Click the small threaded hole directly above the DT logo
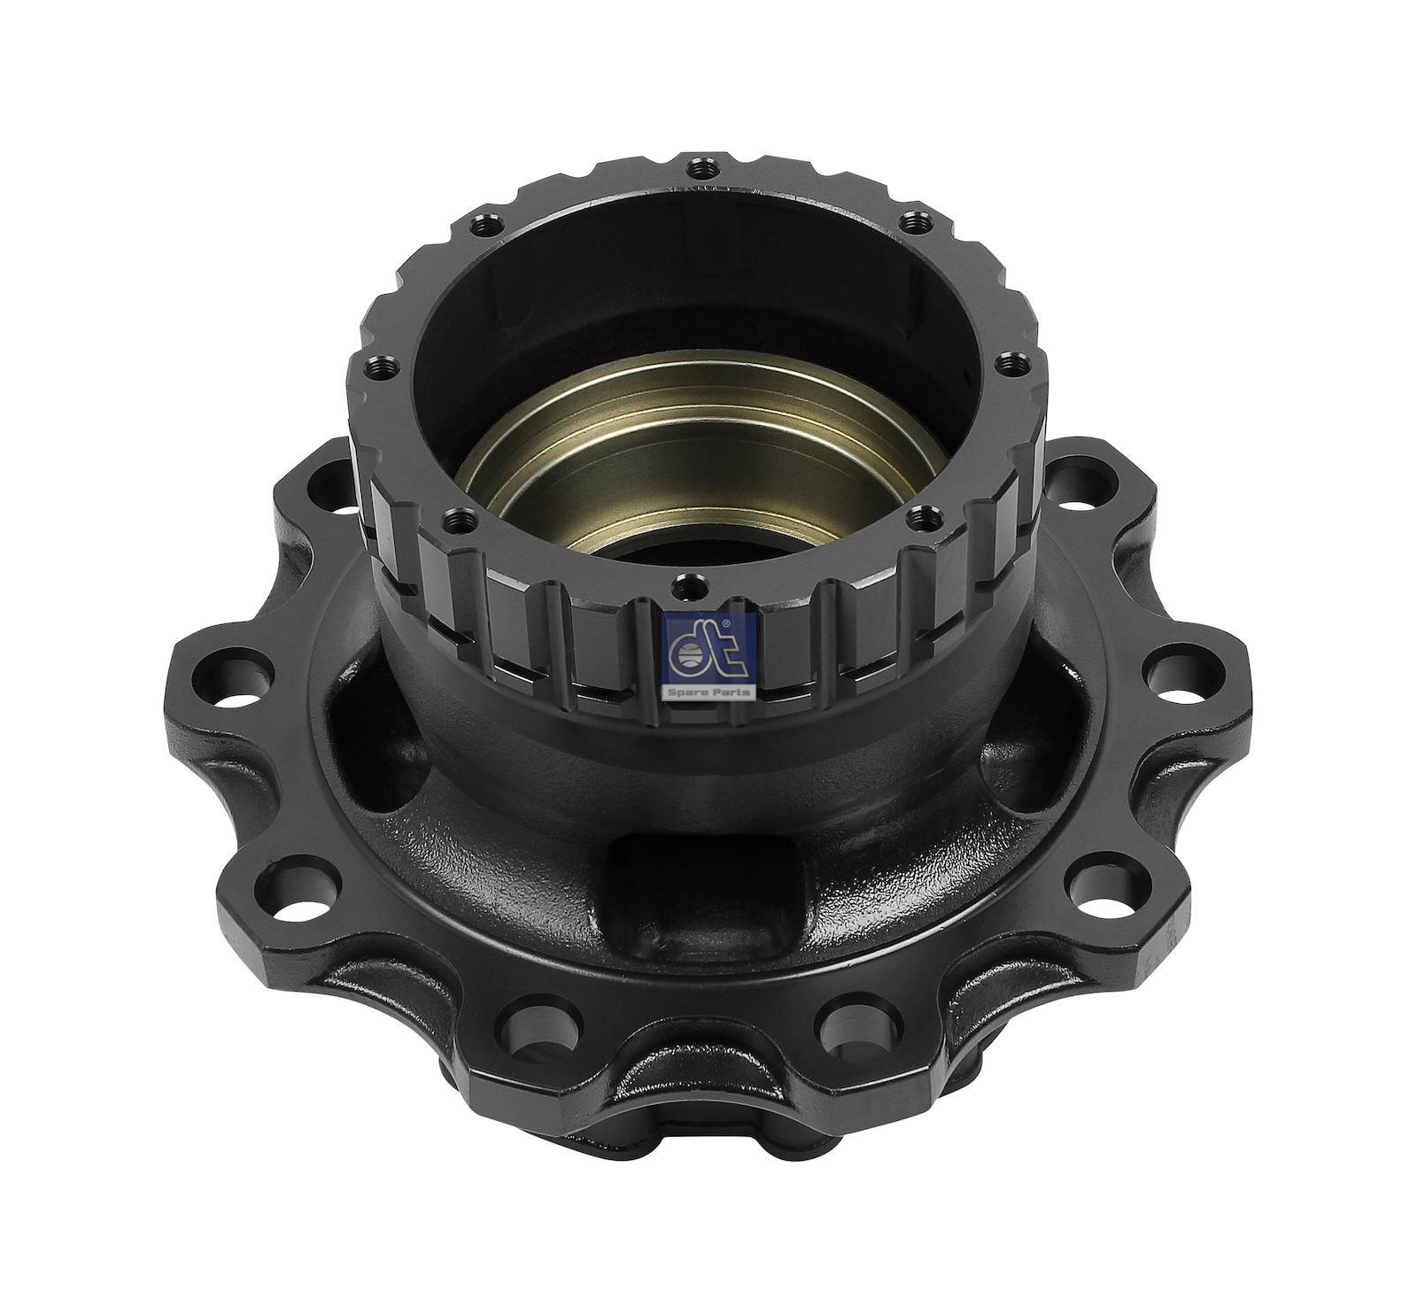(x=682, y=584)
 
